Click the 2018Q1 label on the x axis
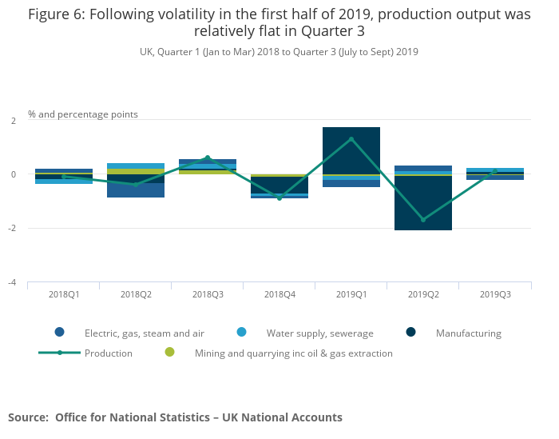[64, 294]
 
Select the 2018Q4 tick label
[279, 294]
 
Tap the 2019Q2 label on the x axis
[423, 294]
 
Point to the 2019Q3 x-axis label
[495, 294]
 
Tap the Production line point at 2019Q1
[351, 139]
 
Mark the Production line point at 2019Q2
[423, 220]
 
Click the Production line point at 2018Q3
[208, 158]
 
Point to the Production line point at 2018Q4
[279, 198]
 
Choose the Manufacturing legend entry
[468, 333]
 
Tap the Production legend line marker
[60, 353]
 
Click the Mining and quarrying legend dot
[169, 353]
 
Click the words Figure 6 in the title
[57, 14]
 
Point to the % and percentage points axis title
[83, 114]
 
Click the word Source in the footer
[28, 417]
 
